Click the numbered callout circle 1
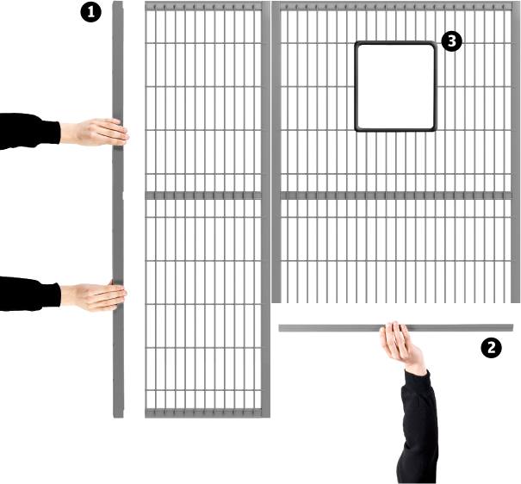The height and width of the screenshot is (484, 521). point(90,12)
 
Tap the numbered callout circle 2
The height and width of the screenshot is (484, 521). point(491,347)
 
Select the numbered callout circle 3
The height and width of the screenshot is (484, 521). point(451,41)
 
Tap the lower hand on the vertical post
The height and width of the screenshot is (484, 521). point(94,296)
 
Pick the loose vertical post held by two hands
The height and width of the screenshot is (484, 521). point(118,209)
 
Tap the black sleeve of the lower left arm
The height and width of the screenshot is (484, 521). point(29,294)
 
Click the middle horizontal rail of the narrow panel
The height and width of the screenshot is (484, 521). point(203,195)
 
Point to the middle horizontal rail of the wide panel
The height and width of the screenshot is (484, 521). point(395,195)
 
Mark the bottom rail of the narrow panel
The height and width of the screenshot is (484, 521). point(203,413)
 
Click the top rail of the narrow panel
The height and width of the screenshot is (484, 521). point(203,6)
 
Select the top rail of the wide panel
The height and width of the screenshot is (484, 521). point(395,6)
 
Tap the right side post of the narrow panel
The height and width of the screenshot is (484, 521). point(265,209)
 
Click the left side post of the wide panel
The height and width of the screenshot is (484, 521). point(276,152)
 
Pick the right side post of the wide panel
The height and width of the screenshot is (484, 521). point(515,152)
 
